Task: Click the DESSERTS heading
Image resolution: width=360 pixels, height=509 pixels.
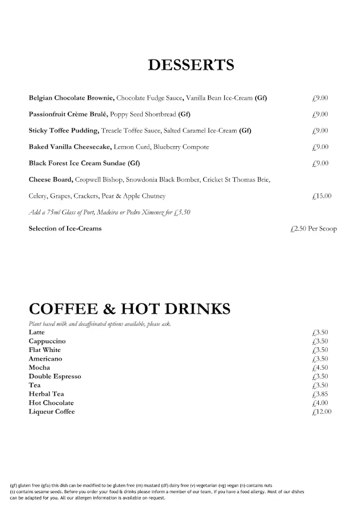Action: click(191, 65)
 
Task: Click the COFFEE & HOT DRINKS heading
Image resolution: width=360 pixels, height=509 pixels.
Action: click(129, 309)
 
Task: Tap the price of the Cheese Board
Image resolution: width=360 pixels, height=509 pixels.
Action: click(321, 196)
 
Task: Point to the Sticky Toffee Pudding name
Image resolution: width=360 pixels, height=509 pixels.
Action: click(64, 131)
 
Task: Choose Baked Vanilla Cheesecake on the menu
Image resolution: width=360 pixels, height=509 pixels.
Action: click(70, 147)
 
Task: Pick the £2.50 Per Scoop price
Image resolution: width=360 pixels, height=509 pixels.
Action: click(313, 229)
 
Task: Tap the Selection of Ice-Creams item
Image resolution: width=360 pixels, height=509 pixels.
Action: click(65, 229)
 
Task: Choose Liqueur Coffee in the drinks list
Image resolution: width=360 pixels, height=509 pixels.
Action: click(52, 412)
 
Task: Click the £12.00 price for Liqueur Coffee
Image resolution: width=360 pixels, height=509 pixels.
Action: click(321, 412)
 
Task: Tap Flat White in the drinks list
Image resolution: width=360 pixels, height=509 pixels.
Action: click(45, 350)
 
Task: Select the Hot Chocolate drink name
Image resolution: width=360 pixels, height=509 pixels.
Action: click(51, 403)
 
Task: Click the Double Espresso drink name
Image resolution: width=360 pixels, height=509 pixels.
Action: click(55, 376)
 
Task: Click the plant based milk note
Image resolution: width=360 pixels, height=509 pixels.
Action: click(99, 324)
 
